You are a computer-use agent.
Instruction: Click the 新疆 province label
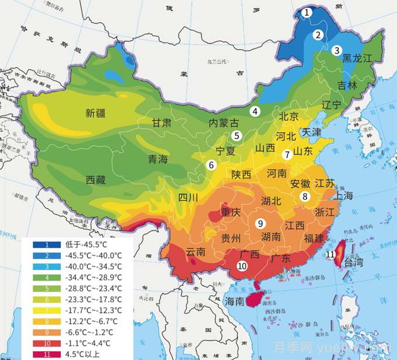click(x=97, y=113)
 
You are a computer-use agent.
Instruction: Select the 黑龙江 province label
click(x=356, y=58)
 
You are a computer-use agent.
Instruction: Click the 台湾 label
click(x=351, y=262)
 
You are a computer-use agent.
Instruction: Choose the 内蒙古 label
click(x=224, y=123)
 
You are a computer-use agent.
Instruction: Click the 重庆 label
click(x=231, y=212)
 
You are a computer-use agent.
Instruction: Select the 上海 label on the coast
click(x=340, y=196)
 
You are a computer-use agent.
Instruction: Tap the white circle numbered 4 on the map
click(x=255, y=111)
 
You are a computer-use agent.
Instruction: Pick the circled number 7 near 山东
click(x=287, y=155)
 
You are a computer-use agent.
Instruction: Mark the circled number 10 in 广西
click(x=242, y=265)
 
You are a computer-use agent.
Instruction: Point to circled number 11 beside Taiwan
click(x=330, y=254)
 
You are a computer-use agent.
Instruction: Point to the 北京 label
click(x=288, y=116)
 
